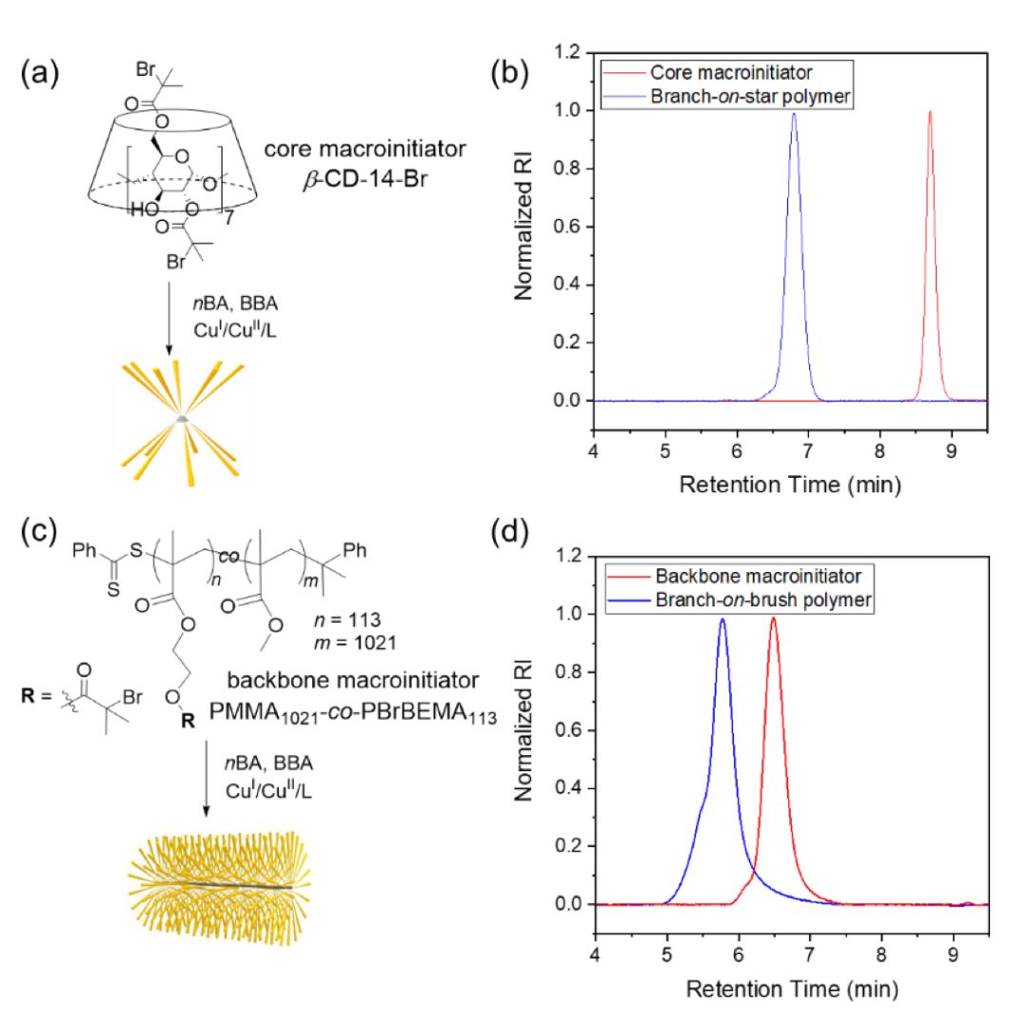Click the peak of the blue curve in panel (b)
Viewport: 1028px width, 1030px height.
pyautogui.click(x=794, y=114)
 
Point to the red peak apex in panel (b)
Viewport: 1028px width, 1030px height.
pyautogui.click(x=930, y=112)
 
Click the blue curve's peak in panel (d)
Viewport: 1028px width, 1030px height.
pyautogui.click(x=723, y=620)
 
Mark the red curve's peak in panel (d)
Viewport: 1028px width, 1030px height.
pyautogui.click(x=773, y=619)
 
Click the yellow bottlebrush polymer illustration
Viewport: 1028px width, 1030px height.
pyautogui.click(x=215, y=886)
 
